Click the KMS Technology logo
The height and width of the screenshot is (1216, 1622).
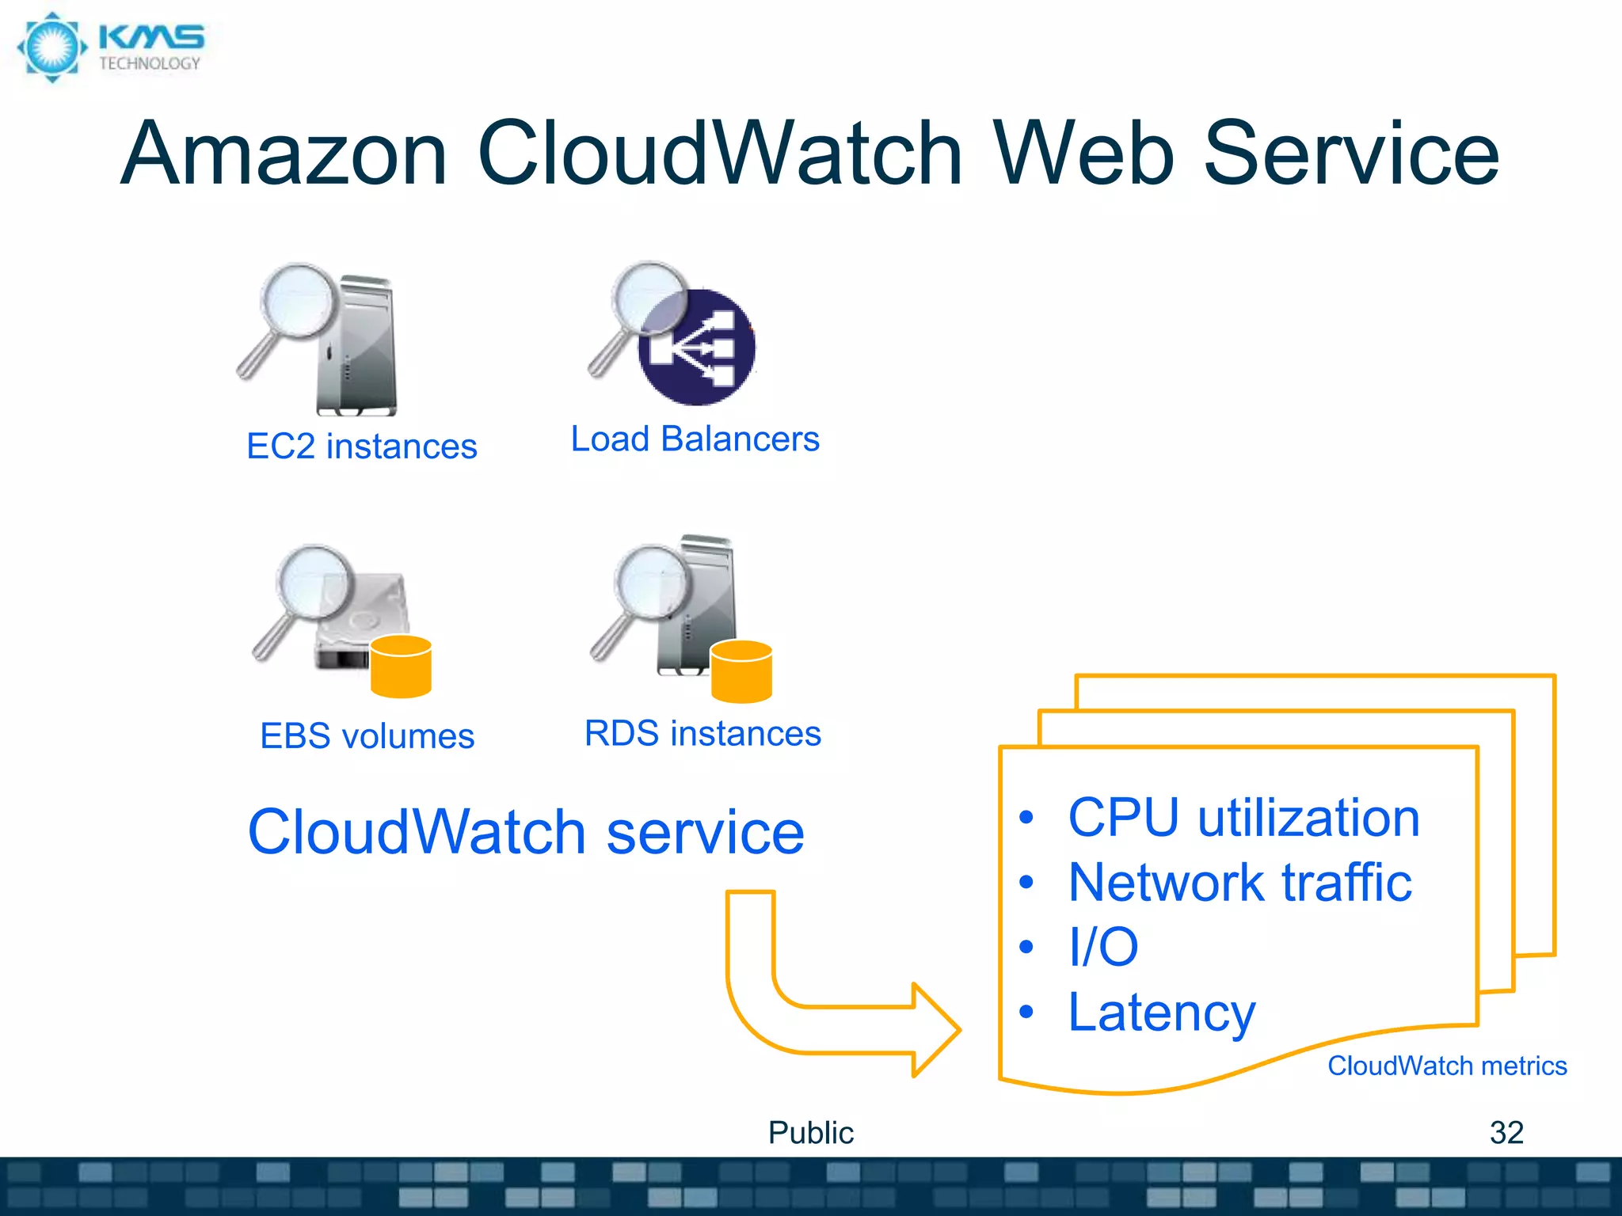(x=111, y=47)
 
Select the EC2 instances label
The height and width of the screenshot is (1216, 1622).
(x=362, y=446)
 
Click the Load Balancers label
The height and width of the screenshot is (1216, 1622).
(x=695, y=439)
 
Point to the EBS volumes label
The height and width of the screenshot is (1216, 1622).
(x=367, y=736)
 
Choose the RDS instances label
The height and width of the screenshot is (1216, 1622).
(x=702, y=733)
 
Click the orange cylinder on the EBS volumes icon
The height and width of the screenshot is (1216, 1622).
(x=401, y=667)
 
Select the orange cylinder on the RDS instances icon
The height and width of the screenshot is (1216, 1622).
(x=741, y=671)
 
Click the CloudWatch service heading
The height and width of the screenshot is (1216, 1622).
(x=526, y=832)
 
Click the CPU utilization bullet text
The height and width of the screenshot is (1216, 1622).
(x=1243, y=818)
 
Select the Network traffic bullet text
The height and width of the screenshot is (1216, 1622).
(x=1239, y=883)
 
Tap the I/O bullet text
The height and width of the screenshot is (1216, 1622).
(x=1103, y=947)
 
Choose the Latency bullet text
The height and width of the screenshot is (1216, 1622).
(x=1161, y=1013)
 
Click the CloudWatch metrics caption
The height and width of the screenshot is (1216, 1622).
(x=1447, y=1066)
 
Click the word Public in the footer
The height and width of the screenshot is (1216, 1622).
(x=810, y=1133)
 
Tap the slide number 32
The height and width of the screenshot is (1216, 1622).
(x=1506, y=1133)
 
